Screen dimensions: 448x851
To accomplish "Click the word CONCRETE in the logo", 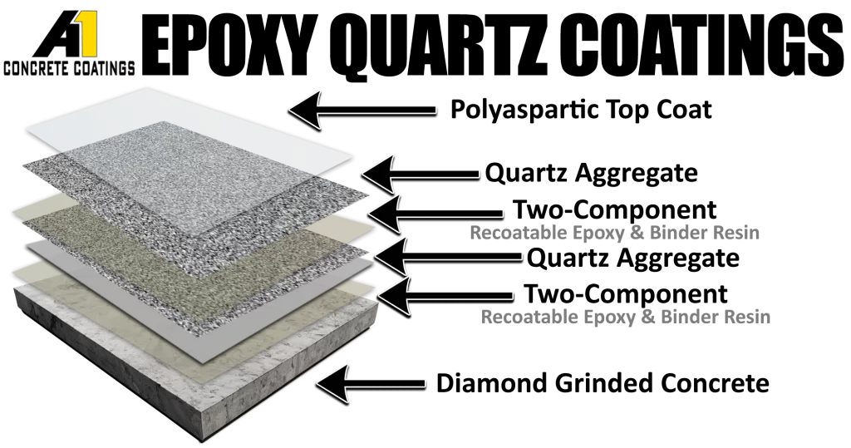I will pyautogui.click(x=35, y=69).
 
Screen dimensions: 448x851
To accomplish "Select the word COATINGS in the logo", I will pyautogui.click(x=101, y=69).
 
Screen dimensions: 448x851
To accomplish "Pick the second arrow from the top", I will pyautogui.click(x=421, y=173).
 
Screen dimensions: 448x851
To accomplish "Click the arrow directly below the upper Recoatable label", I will pyautogui.click(x=449, y=254).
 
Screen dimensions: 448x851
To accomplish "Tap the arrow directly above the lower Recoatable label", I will pyautogui.click(x=445, y=295).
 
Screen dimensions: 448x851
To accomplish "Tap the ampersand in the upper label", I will pyautogui.click(x=637, y=234).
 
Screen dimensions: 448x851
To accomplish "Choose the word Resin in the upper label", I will pyautogui.click(x=736, y=234).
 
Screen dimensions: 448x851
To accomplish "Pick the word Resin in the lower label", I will pyautogui.click(x=748, y=317).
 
